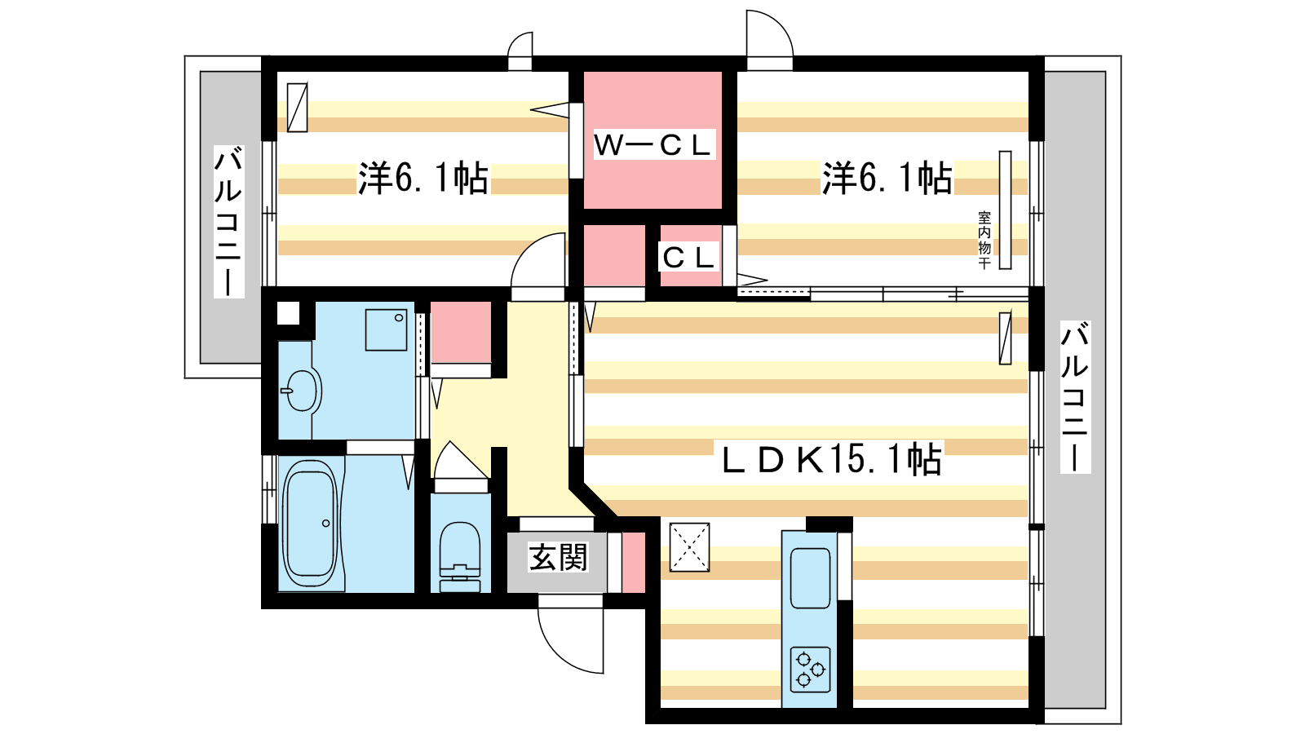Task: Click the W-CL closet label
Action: pyautogui.click(x=653, y=144)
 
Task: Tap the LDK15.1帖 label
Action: pyautogui.click(x=829, y=459)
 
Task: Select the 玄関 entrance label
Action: pyautogui.click(x=558, y=558)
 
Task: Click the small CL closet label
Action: pyautogui.click(x=688, y=257)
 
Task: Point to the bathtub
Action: pyautogui.click(x=310, y=523)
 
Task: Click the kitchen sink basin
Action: pyautogui.click(x=811, y=578)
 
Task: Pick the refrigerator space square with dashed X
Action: pyautogui.click(x=689, y=547)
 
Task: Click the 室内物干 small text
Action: pyautogui.click(x=984, y=240)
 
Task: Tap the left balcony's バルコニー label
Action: pyautogui.click(x=228, y=221)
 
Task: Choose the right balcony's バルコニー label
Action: pyautogui.click(x=1075, y=396)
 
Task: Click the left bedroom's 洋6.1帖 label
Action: pyautogui.click(x=422, y=178)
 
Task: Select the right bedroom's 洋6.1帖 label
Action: pyautogui.click(x=886, y=178)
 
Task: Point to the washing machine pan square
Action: pyautogui.click(x=386, y=329)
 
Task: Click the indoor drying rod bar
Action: pyautogui.click(x=1005, y=210)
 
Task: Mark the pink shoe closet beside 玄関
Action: pyautogui.click(x=634, y=562)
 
